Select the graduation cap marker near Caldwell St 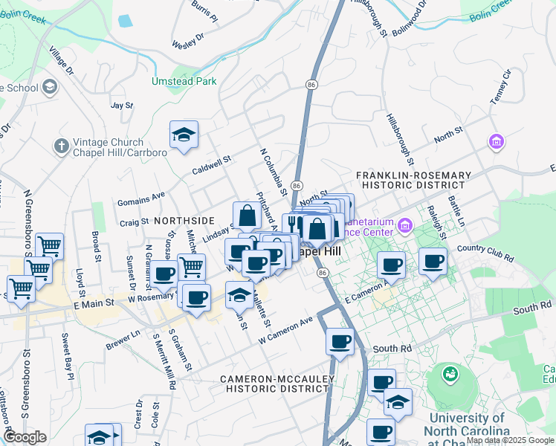coord(184,135)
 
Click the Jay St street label coord(121,106)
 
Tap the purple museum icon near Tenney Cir coord(496,141)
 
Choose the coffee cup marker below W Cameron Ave coord(340,342)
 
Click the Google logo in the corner coord(25,437)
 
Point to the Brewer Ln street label coord(123,340)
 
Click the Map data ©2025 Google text coord(509,440)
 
